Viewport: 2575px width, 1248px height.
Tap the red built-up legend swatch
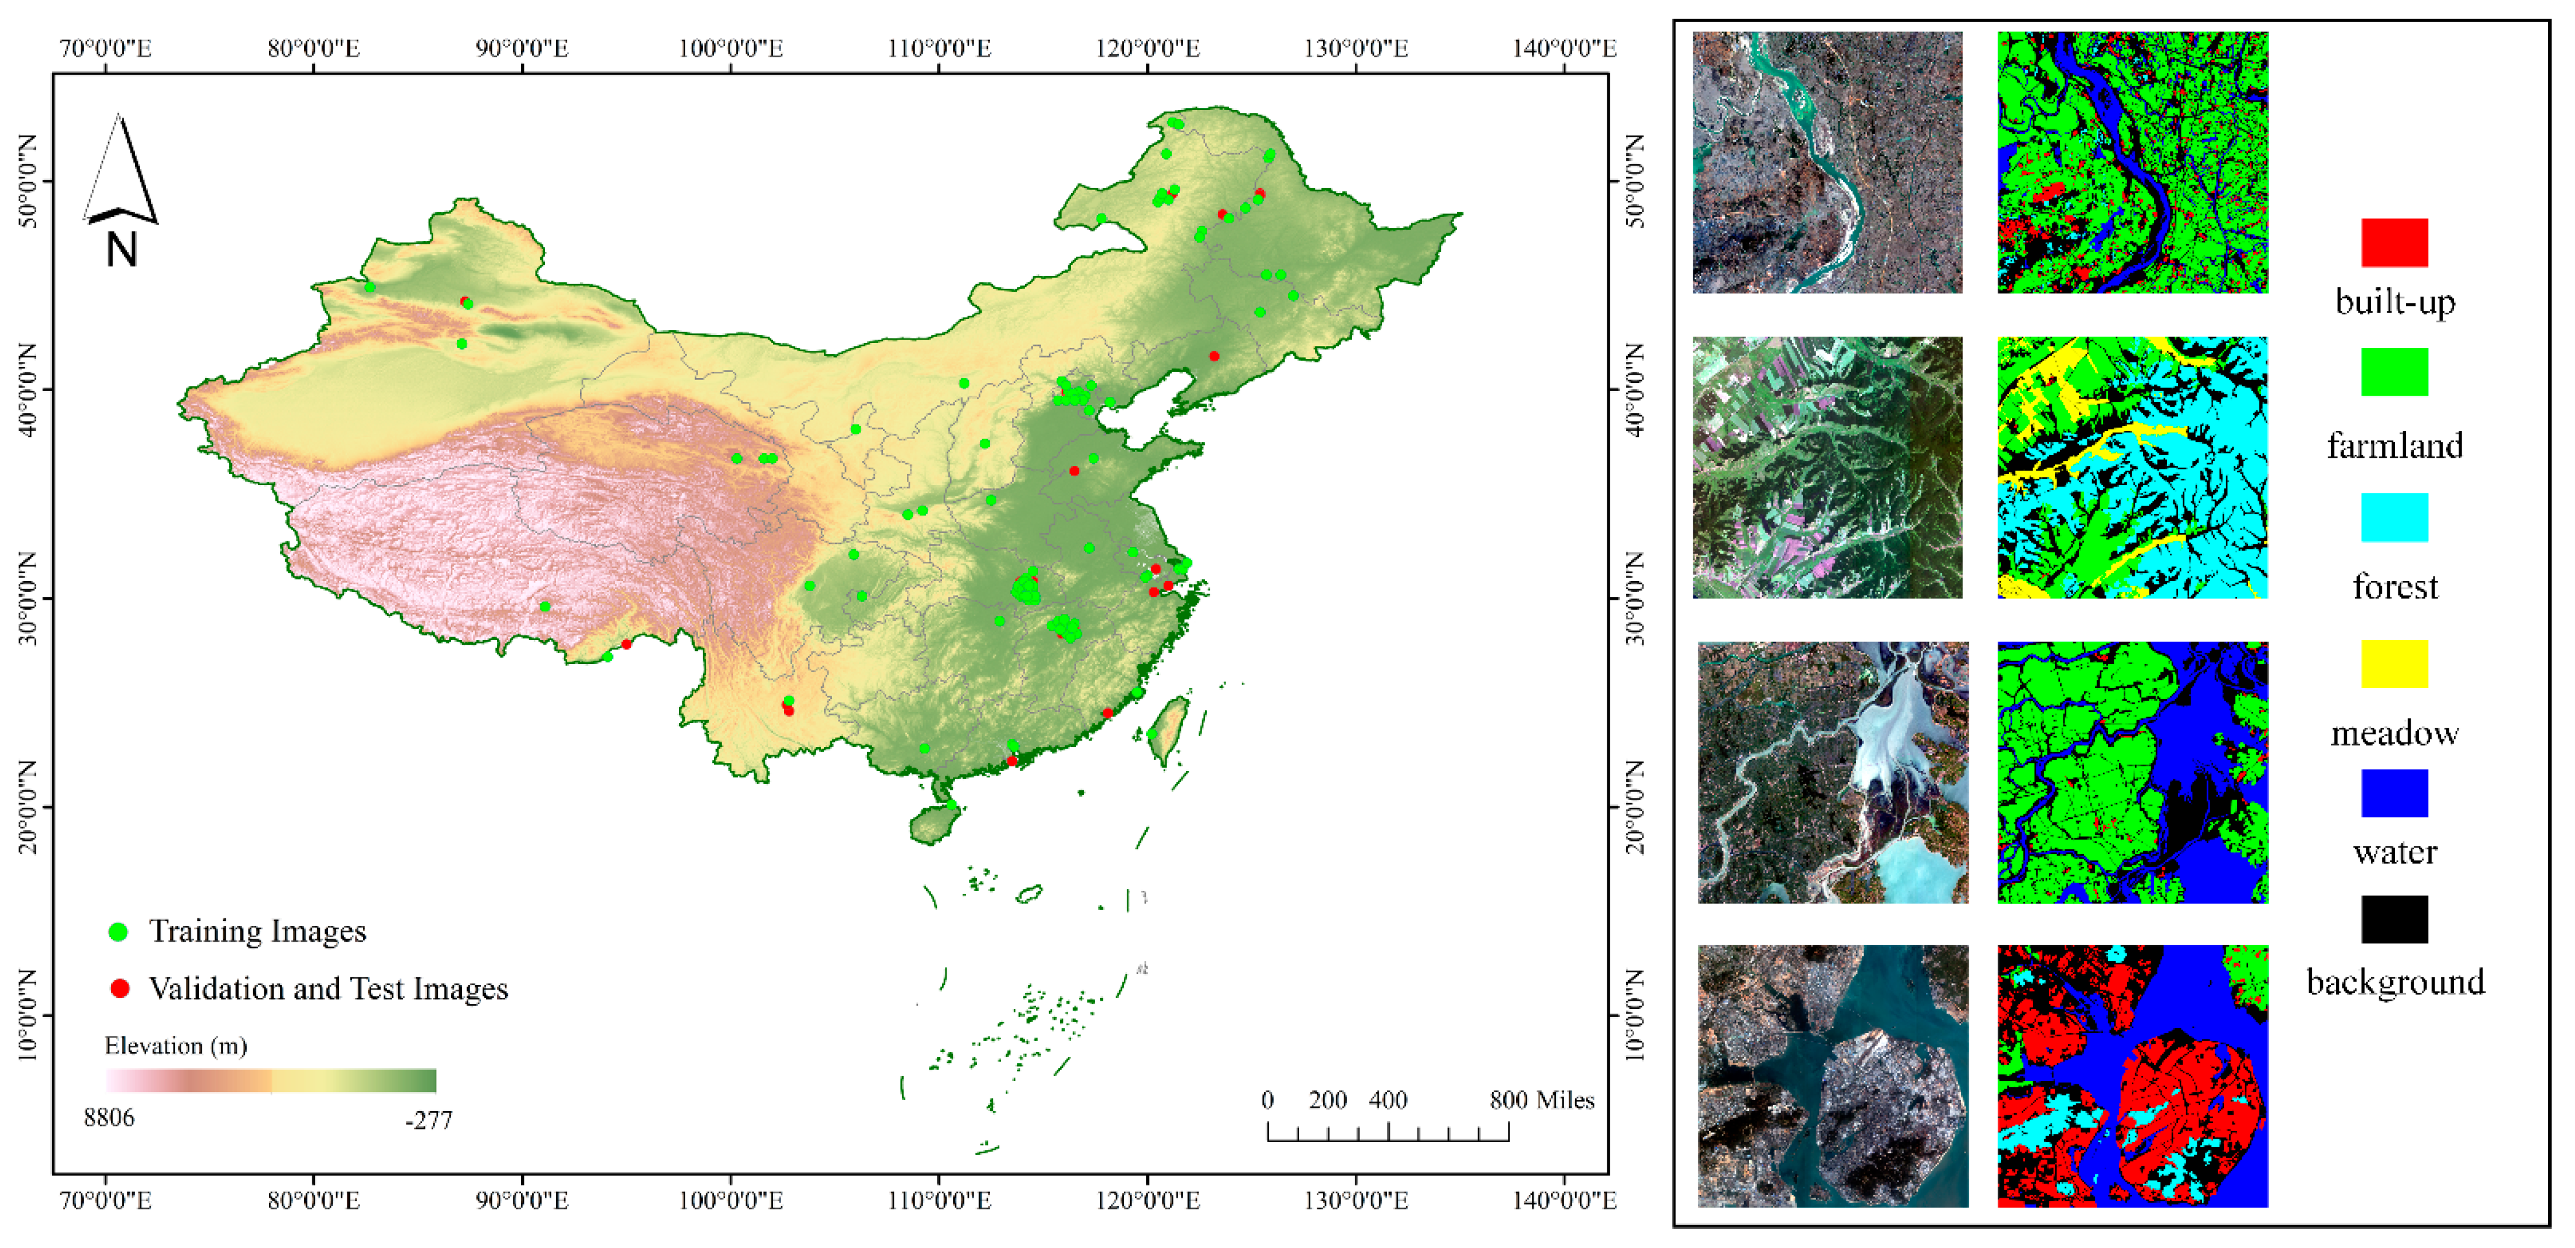coord(2394,243)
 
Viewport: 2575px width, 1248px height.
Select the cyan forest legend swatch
coord(2394,517)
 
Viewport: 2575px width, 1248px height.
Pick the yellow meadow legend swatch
coord(2394,663)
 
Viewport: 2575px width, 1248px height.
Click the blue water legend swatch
coord(2394,793)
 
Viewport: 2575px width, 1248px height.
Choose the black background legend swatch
coord(2394,919)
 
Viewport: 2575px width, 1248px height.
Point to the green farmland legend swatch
coord(2394,372)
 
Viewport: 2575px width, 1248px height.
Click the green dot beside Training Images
coord(118,931)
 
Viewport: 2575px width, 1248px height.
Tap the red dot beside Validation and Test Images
coord(119,988)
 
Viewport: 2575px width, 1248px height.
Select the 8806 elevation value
coord(109,1117)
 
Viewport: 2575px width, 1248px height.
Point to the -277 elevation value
coord(429,1120)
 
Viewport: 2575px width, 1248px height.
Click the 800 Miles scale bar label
coord(1541,1100)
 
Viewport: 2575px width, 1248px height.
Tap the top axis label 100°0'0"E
coord(731,48)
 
